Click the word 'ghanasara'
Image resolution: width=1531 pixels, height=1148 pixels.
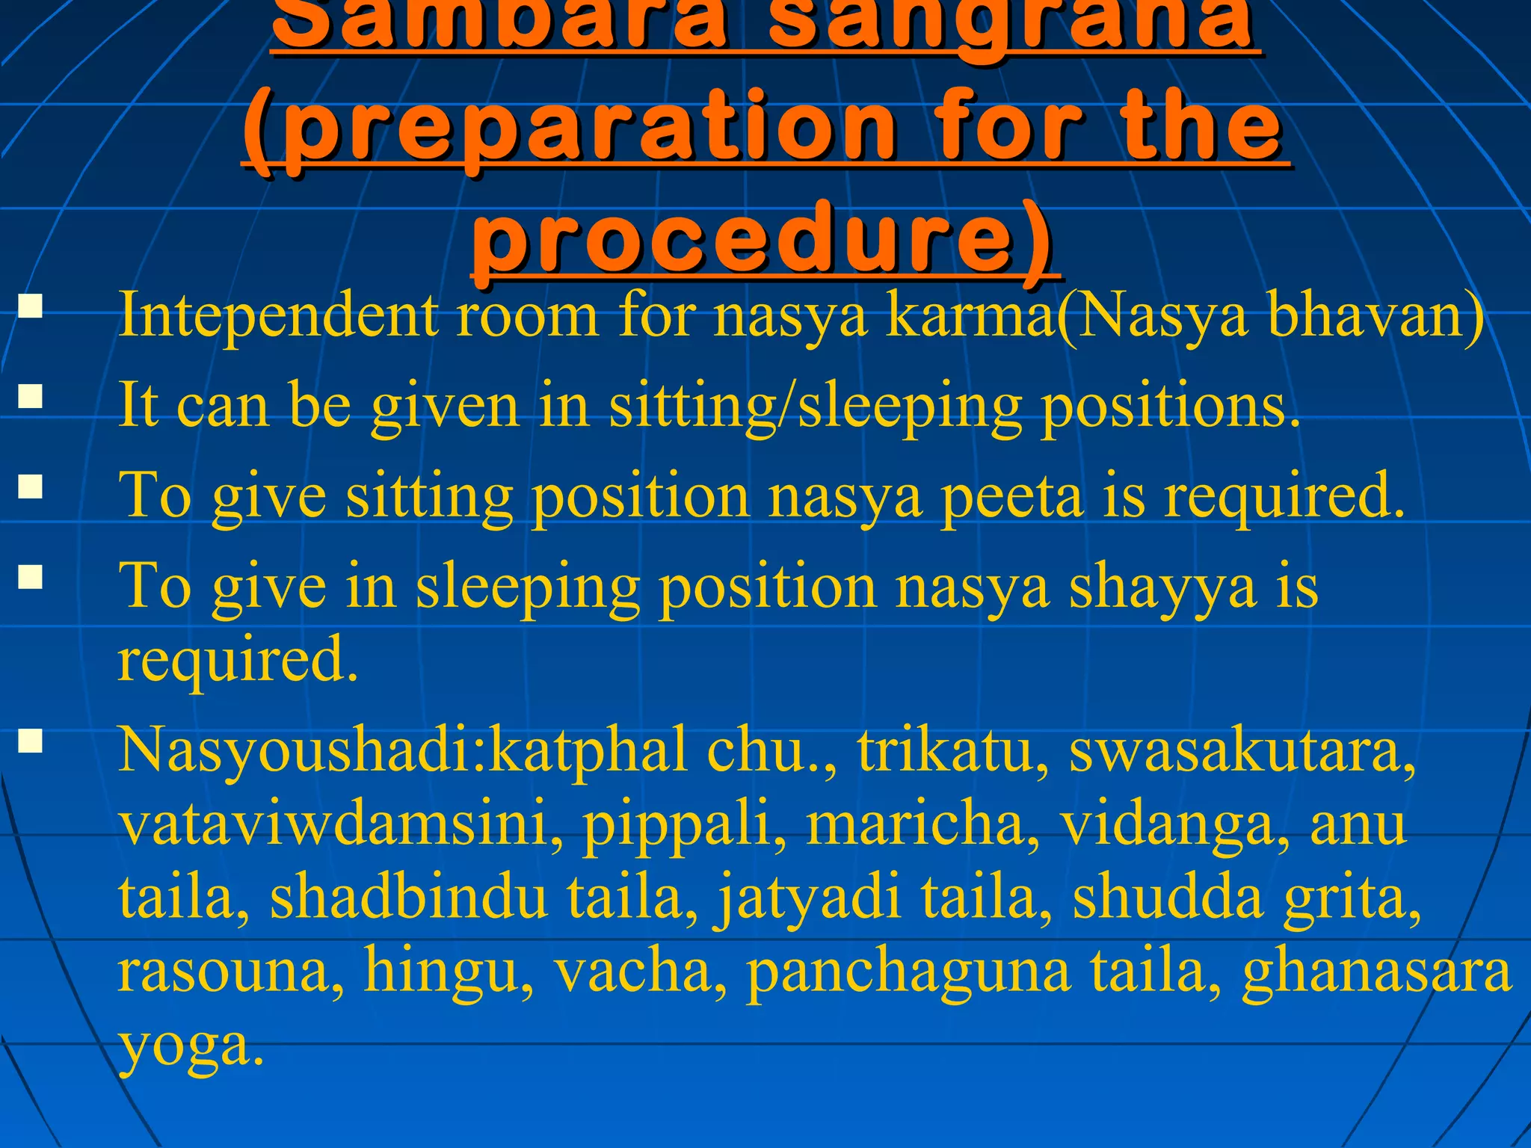pyautogui.click(x=1376, y=973)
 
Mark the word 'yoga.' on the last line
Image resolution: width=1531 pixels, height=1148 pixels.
pyautogui.click(x=191, y=1046)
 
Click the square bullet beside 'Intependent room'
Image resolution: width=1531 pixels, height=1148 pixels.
pyautogui.click(x=31, y=307)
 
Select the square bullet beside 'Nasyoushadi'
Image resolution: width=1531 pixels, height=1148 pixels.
pyautogui.click(x=31, y=741)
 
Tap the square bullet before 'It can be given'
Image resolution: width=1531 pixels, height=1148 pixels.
pyautogui.click(x=31, y=396)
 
